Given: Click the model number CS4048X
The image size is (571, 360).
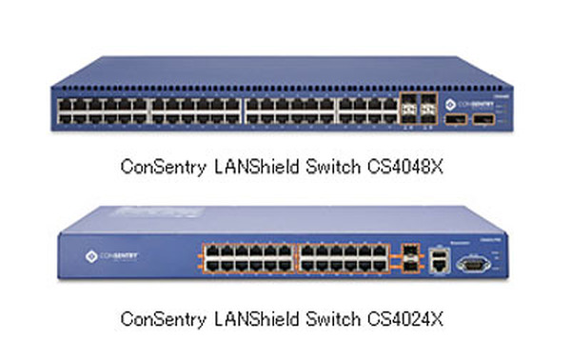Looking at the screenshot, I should coord(406,167).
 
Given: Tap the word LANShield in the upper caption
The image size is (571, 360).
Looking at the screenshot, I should coord(250,167).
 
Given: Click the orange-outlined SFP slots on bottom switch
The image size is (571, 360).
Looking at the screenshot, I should coord(410,258).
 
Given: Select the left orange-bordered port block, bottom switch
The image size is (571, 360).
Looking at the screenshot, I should coord(247,259).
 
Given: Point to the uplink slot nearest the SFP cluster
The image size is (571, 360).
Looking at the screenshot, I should coord(458,122).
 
